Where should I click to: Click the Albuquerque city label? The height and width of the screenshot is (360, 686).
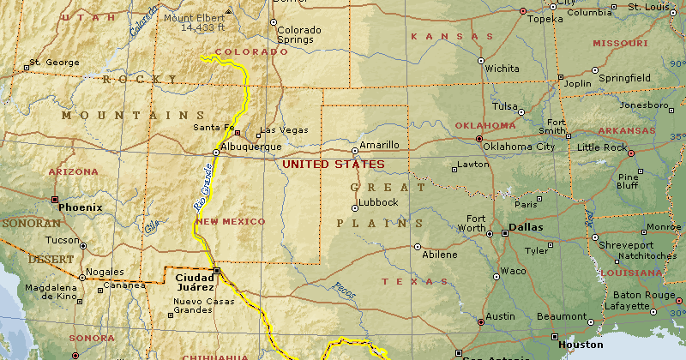[x=251, y=147]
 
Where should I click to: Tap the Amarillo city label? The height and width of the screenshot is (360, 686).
[x=379, y=145]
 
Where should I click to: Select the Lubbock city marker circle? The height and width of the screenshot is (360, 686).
[x=355, y=207]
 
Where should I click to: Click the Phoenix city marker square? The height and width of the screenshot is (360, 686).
[x=54, y=200]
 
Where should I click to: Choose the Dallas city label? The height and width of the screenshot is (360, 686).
[x=526, y=228]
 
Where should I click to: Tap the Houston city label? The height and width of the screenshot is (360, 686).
[x=581, y=345]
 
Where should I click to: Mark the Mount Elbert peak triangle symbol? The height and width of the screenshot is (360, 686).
[x=228, y=13]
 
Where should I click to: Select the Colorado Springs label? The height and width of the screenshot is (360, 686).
[x=298, y=35]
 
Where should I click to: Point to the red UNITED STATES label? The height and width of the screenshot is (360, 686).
[x=334, y=165]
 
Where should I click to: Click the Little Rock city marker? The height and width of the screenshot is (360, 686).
[x=631, y=153]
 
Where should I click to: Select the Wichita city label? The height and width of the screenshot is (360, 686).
[x=502, y=69]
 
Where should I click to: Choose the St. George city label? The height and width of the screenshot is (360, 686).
[x=48, y=63]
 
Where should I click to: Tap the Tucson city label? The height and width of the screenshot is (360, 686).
[x=63, y=241]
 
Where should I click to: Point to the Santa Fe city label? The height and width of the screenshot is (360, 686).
[x=214, y=128]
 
